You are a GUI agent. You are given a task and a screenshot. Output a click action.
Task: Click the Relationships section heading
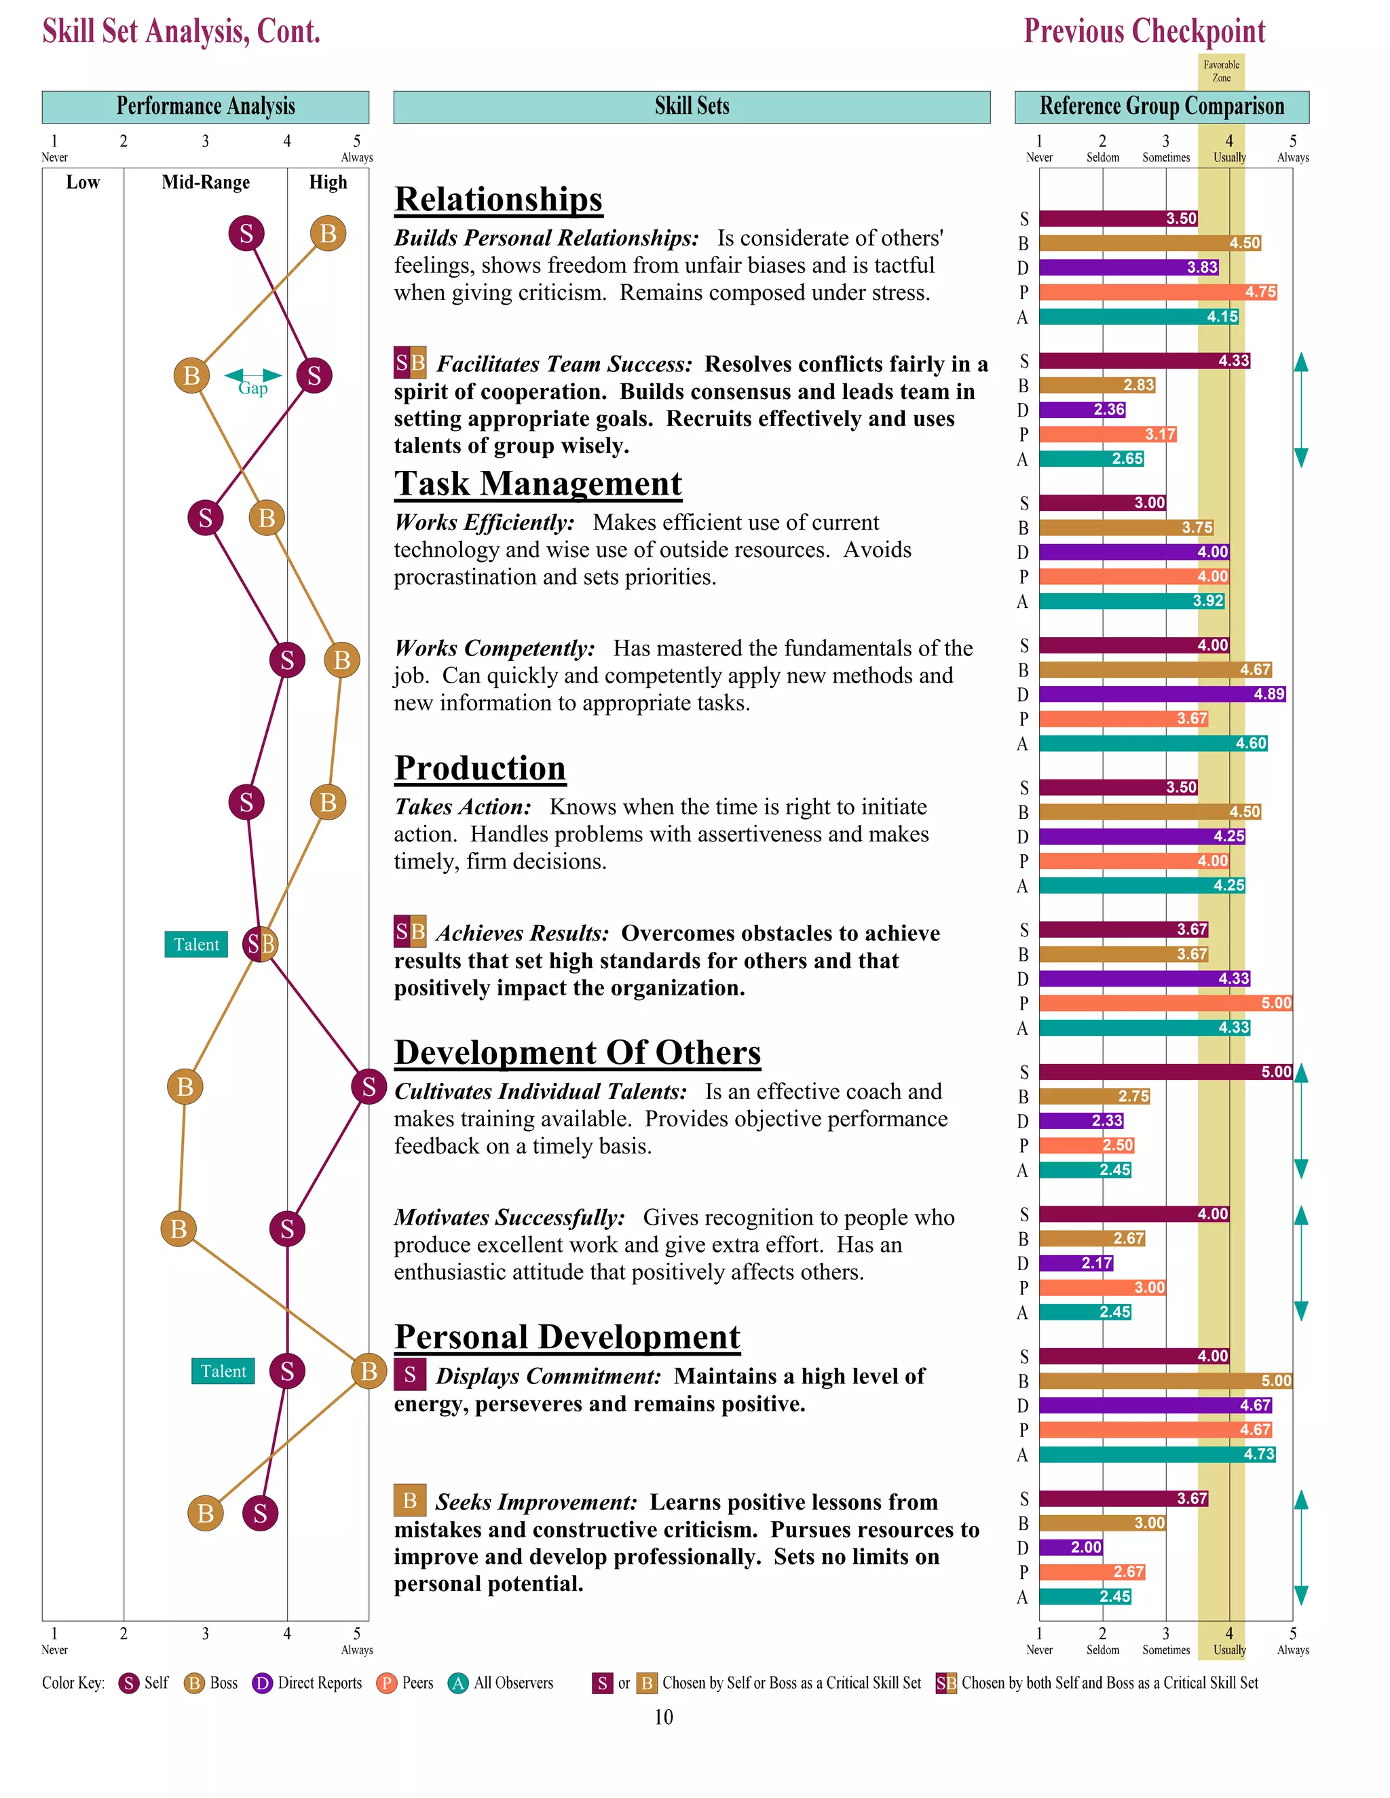click(x=498, y=200)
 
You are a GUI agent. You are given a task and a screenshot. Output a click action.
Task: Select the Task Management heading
click(x=538, y=484)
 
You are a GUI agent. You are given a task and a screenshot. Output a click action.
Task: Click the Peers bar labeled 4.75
click(x=1157, y=292)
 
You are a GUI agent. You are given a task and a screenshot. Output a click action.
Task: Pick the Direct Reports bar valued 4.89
click(x=1161, y=694)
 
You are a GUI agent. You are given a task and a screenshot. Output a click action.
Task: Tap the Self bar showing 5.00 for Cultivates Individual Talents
click(x=1165, y=1072)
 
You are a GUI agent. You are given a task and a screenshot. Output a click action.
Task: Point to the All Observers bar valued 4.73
click(x=1157, y=1455)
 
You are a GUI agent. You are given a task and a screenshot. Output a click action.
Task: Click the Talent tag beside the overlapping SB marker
click(x=196, y=944)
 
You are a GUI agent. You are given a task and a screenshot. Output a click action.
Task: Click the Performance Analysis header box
click(x=205, y=107)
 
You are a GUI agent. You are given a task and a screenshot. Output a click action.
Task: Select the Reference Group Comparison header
click(x=1161, y=107)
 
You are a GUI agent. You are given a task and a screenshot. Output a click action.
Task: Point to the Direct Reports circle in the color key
click(x=262, y=1683)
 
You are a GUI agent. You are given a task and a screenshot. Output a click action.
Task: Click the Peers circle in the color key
click(x=386, y=1683)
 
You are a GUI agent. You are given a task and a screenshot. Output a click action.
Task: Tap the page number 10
click(x=664, y=1717)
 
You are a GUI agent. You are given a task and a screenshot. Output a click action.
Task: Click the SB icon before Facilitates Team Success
click(x=410, y=362)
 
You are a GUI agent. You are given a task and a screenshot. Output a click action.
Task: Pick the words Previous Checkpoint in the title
click(x=1144, y=31)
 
